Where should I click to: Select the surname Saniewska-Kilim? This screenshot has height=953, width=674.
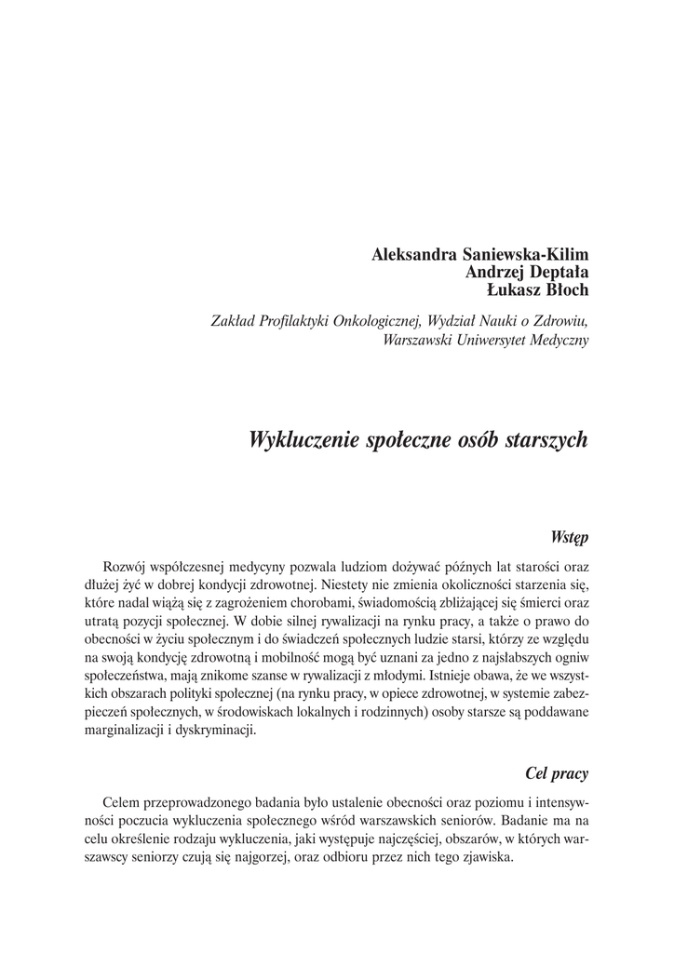click(524, 255)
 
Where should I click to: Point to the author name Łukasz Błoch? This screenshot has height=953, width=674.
click(538, 289)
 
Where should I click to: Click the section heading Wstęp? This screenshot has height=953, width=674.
click(569, 537)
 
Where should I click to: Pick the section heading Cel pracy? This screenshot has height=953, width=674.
click(557, 772)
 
